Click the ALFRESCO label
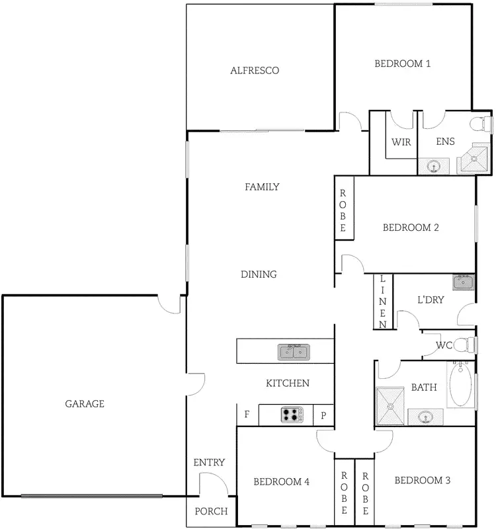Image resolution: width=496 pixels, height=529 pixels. tap(254, 70)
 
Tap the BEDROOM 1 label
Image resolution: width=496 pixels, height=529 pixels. tap(403, 64)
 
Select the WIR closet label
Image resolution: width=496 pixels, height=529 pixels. tap(401, 142)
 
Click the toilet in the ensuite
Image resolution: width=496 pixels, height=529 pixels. tap(483, 123)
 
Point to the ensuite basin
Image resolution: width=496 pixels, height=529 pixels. tap(434, 165)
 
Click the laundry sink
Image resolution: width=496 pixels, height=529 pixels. tap(464, 283)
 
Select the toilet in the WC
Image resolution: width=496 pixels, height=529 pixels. tap(468, 345)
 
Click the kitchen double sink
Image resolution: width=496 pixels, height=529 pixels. tap(294, 351)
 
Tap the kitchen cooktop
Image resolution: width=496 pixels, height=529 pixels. tap(292, 415)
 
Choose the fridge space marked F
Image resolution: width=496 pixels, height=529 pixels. tap(247, 415)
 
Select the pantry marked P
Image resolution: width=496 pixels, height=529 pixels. tap(323, 415)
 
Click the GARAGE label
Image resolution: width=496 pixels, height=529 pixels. tap(85, 403)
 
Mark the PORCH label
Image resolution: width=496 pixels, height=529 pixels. tap(211, 511)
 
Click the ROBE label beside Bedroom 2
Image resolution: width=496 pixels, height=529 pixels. tap(343, 210)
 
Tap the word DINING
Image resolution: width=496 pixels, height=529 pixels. tap(259, 274)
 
